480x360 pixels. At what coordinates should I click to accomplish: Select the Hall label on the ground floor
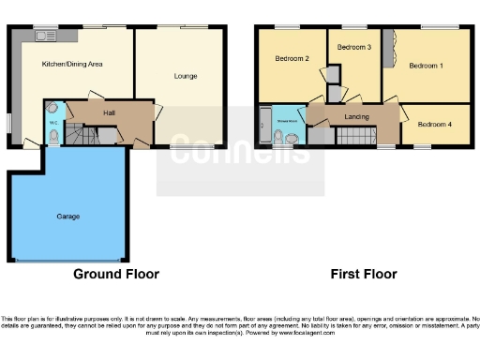pyautogui.click(x=110, y=113)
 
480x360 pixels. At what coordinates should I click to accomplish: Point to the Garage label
pyautogui.click(x=67, y=217)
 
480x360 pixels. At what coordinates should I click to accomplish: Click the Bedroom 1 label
pyautogui.click(x=427, y=66)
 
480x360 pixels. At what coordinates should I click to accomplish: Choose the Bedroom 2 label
pyautogui.click(x=292, y=59)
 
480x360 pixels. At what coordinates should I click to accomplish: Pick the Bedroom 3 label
pyautogui.click(x=353, y=47)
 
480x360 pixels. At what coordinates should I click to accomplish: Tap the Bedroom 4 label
pyautogui.click(x=435, y=125)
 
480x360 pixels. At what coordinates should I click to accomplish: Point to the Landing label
pyautogui.click(x=356, y=116)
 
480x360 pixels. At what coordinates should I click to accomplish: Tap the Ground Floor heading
pyautogui.click(x=116, y=275)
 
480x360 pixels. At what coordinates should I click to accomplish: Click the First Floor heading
pyautogui.click(x=363, y=275)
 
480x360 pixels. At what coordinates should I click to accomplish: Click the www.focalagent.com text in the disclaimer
pyautogui.click(x=304, y=333)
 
